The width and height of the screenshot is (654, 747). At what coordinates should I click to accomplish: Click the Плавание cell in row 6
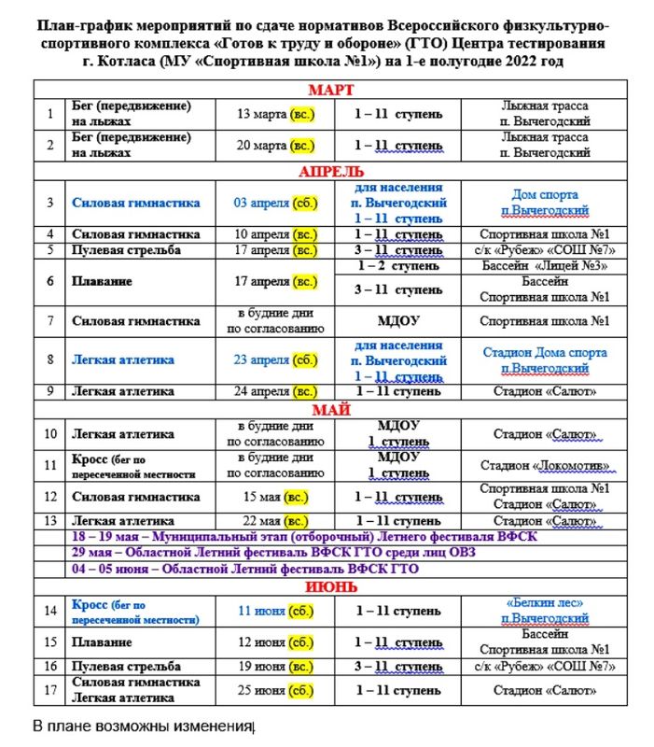point(102,280)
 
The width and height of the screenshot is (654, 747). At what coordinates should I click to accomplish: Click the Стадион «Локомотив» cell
point(545,465)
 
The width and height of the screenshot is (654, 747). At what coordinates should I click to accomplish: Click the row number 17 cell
point(50,690)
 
